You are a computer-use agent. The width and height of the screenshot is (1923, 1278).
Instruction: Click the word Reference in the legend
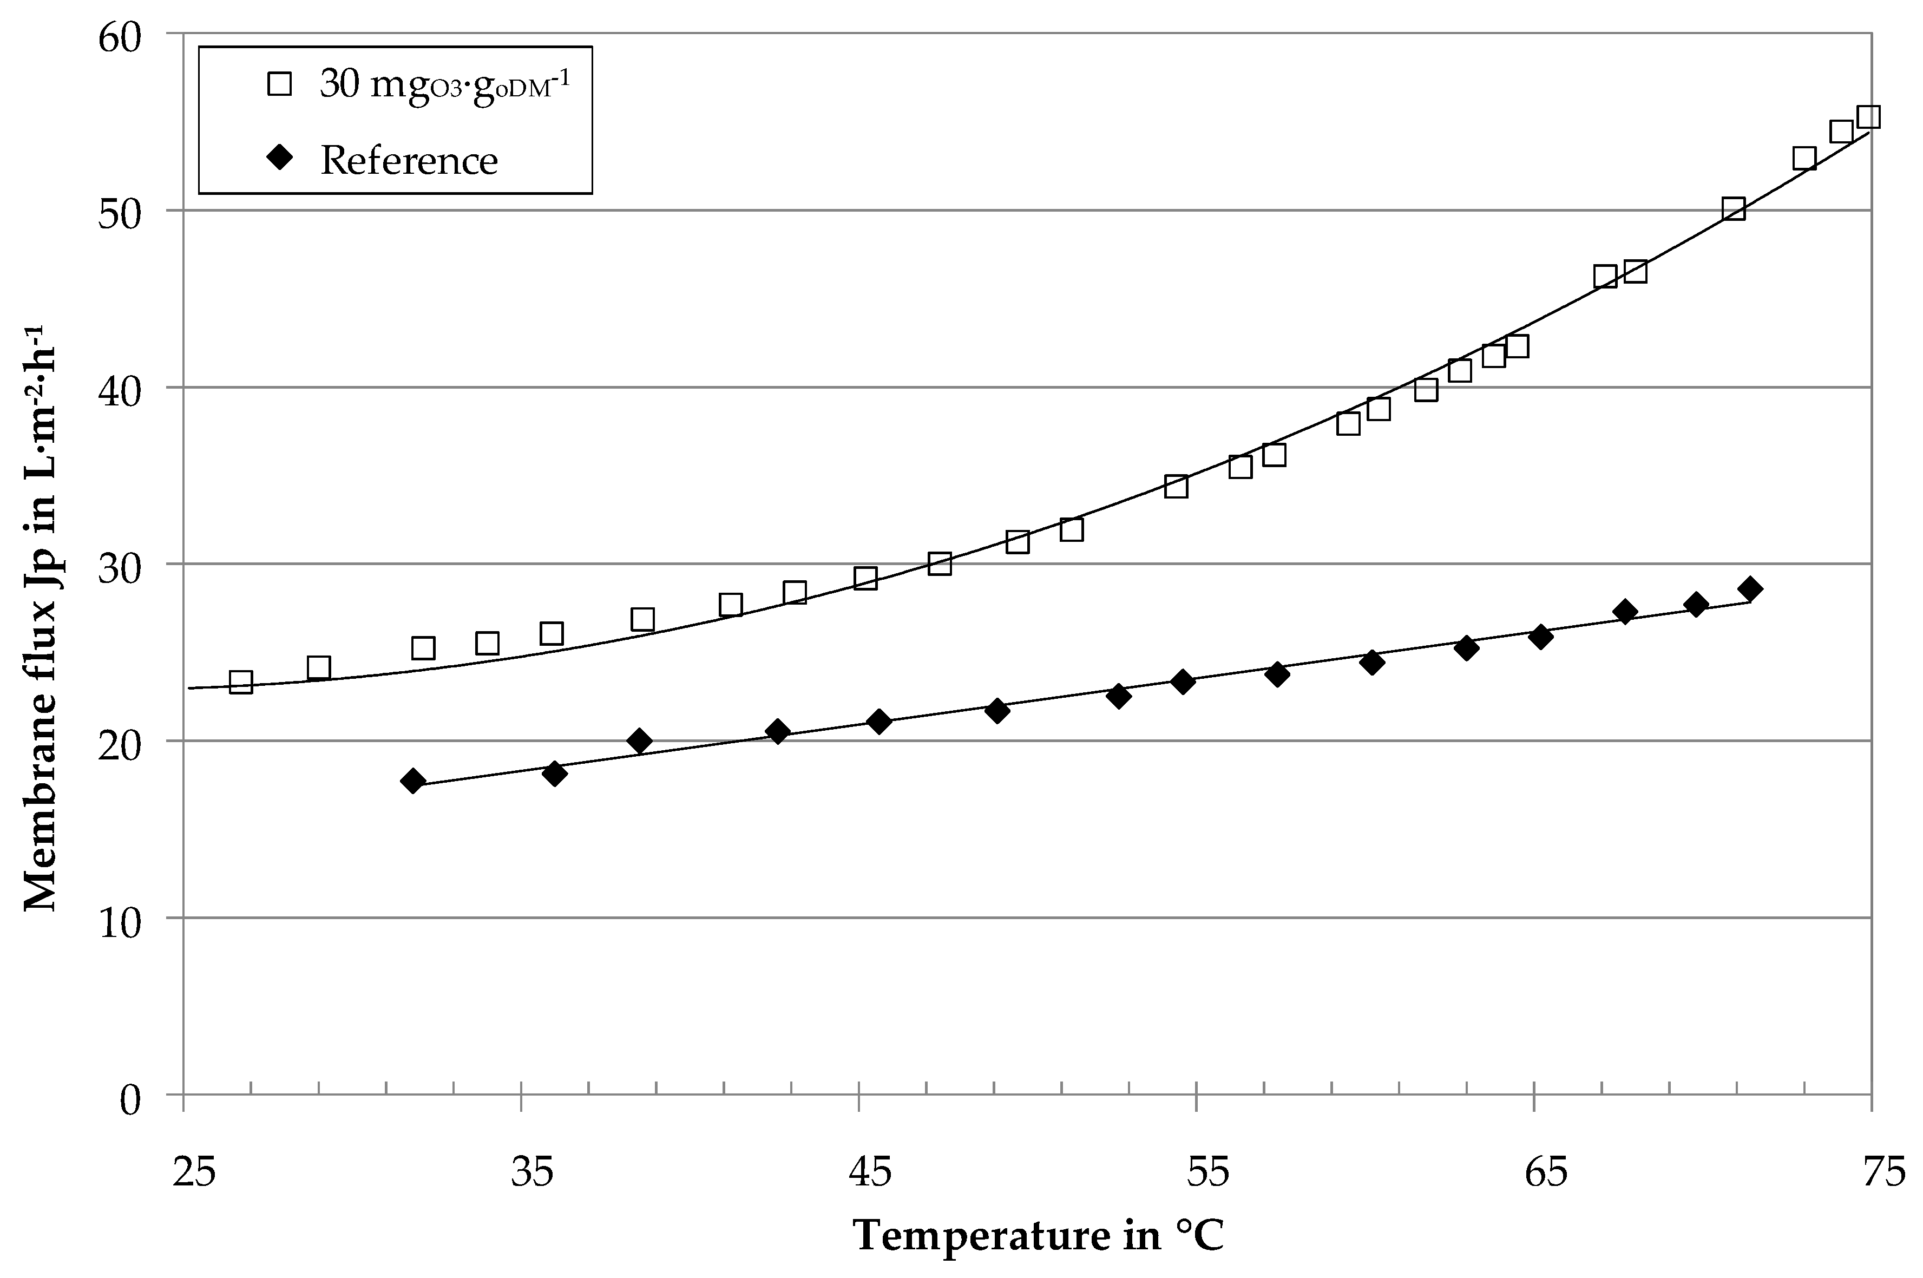(x=409, y=161)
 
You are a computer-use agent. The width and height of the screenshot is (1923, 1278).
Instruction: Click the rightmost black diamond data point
(x=1749, y=588)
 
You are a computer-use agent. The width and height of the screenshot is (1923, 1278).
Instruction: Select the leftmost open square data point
(x=241, y=682)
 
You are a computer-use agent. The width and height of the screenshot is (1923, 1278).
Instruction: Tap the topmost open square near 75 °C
(x=1868, y=116)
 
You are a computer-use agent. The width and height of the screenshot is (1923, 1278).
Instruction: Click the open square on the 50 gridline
(x=1733, y=208)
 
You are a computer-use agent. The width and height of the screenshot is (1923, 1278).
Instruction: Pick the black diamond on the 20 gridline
(x=640, y=741)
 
